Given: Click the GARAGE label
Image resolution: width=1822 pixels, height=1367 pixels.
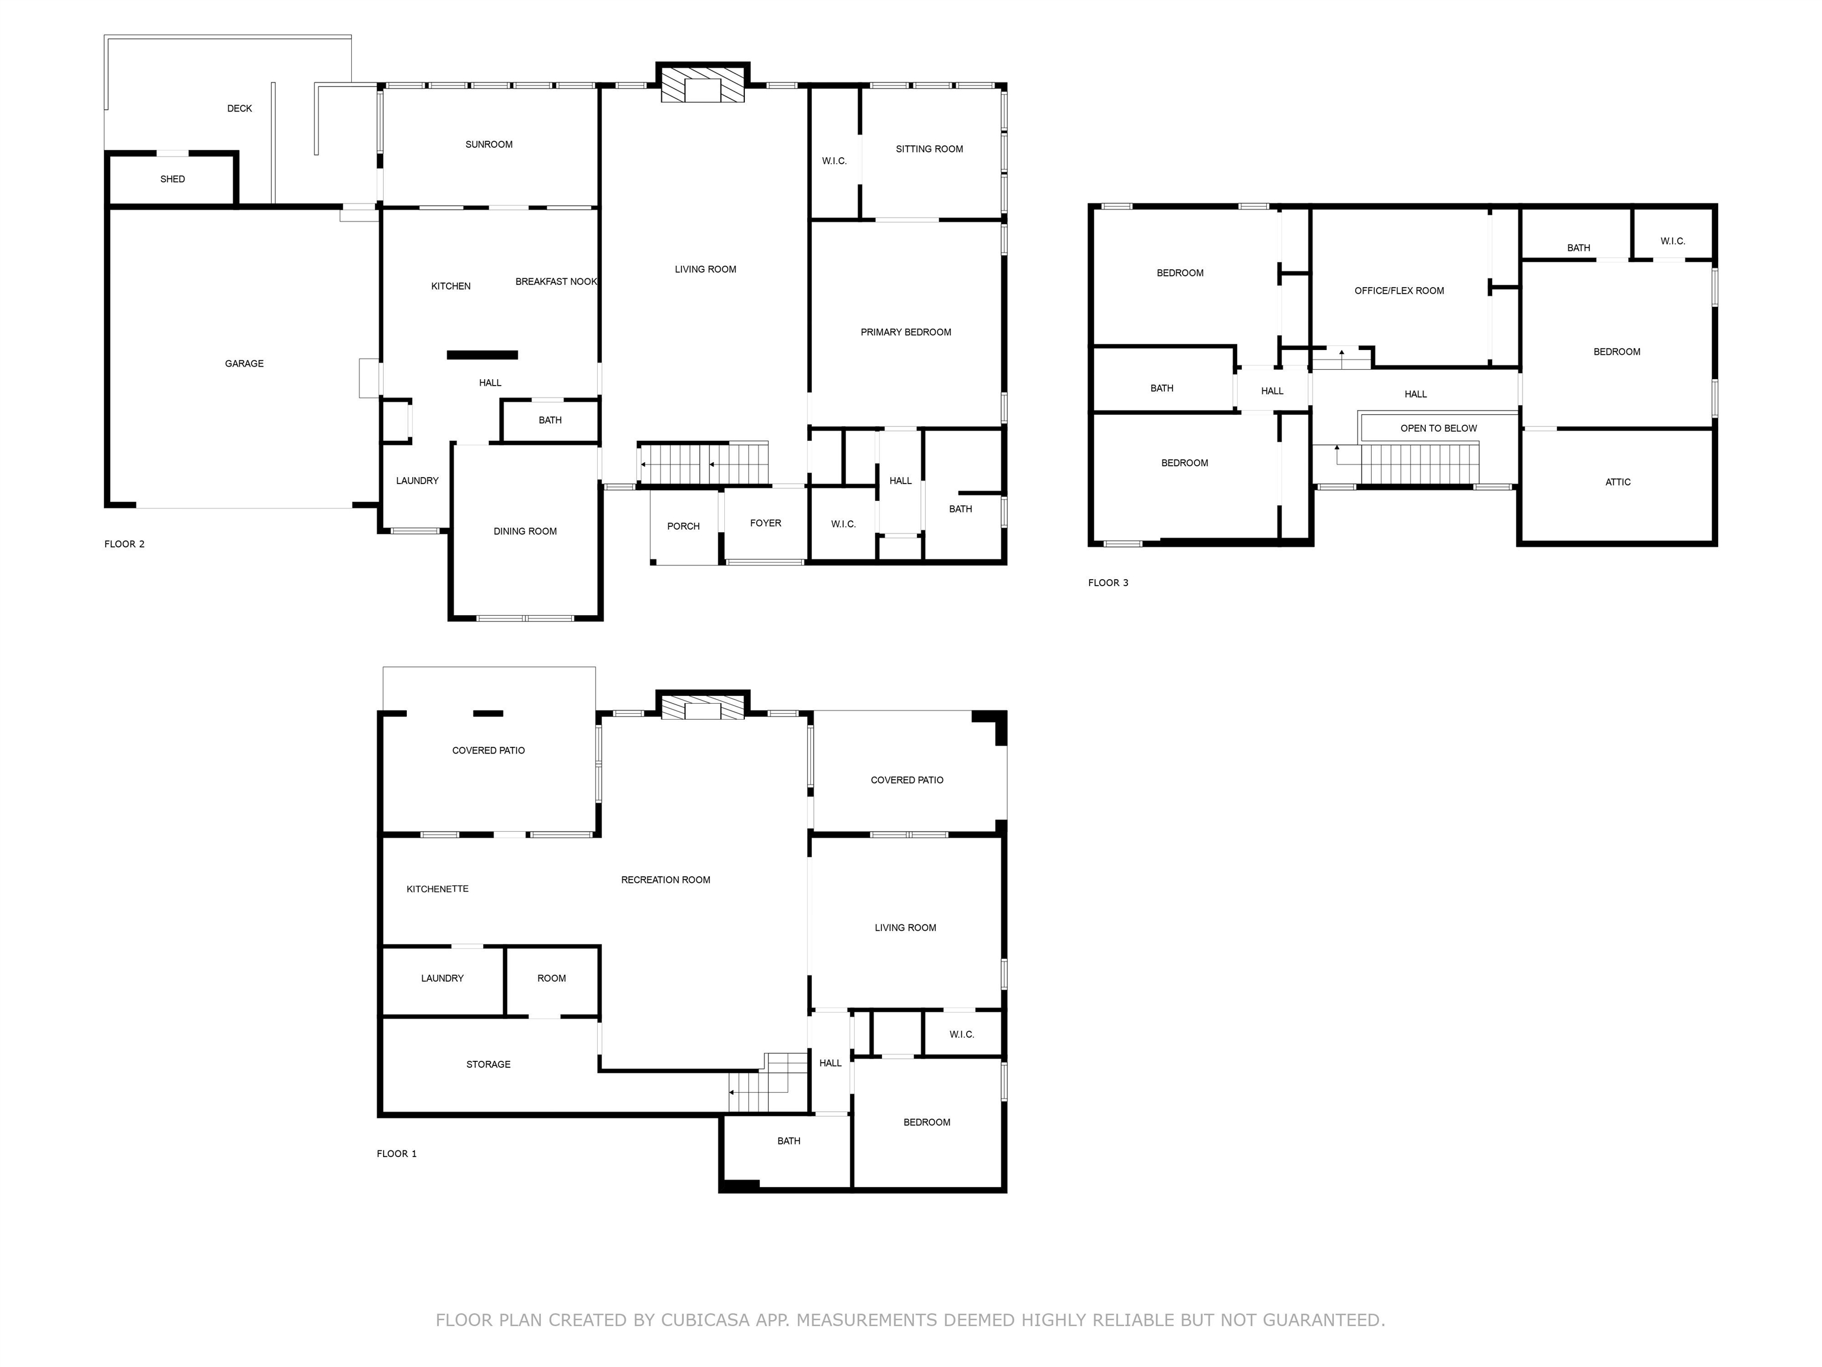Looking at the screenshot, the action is click(244, 363).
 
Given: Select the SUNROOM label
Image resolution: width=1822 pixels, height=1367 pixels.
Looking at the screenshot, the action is click(489, 144).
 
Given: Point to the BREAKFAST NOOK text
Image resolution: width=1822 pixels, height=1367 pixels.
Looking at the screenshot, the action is click(556, 282).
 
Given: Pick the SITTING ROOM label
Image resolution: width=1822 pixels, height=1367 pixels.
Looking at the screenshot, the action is click(929, 149).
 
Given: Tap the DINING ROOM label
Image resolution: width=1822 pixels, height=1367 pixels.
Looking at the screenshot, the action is click(525, 532).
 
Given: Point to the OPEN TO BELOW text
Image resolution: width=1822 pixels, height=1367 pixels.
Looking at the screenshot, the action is click(1438, 428).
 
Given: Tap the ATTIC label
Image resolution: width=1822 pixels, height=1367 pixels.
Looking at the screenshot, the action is click(1618, 482).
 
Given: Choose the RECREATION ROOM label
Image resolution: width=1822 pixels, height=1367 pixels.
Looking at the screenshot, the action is click(665, 880).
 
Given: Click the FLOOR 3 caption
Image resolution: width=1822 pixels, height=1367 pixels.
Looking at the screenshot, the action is click(1108, 583).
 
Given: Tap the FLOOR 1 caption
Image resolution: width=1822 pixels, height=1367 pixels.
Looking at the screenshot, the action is click(396, 1153).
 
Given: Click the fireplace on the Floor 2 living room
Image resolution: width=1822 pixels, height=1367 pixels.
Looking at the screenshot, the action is click(703, 84).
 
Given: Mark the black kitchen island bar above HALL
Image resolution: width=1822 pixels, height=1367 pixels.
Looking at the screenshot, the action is click(482, 355).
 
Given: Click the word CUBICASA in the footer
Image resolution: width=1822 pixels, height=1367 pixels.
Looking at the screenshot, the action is click(705, 1320).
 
